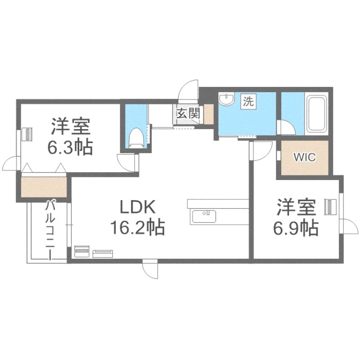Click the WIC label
click(305, 157)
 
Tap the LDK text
click(137, 207)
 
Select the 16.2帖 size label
click(137, 228)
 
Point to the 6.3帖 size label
click(71, 147)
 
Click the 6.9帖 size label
click(296, 228)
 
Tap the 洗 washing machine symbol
click(248, 101)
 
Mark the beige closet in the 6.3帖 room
click(44, 187)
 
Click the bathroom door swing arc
click(287, 127)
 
